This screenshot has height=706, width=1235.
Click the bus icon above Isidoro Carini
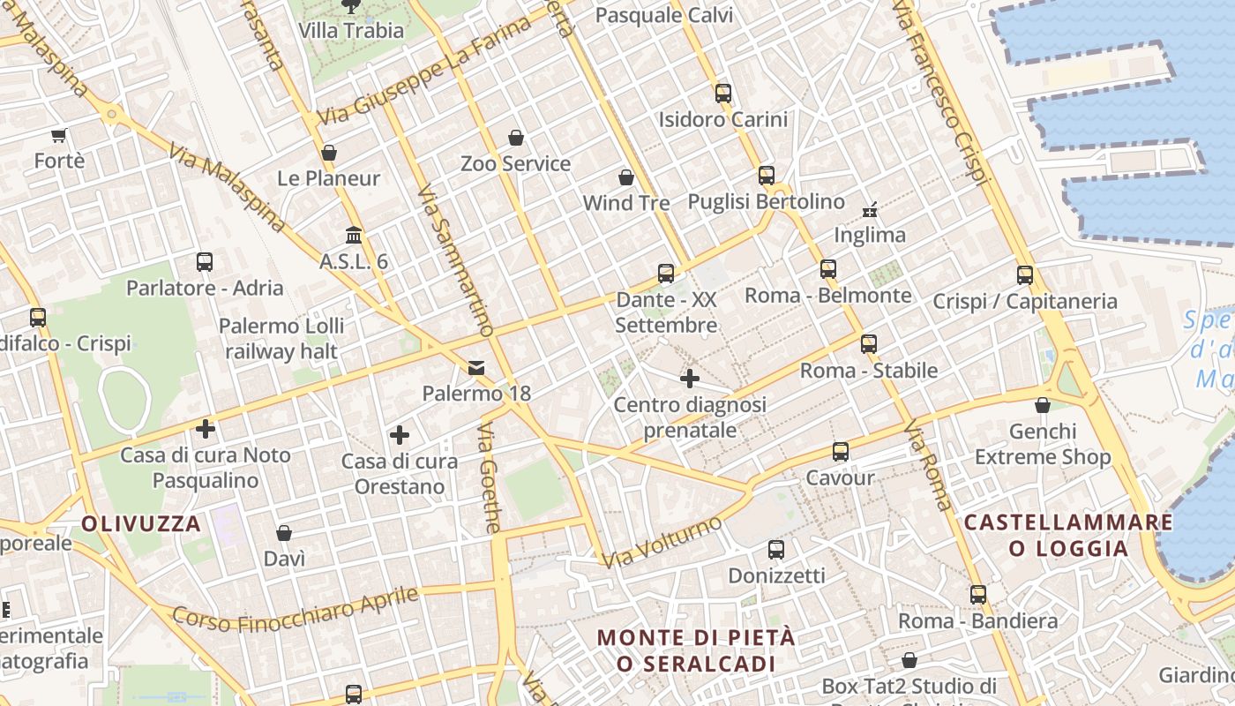(723, 93)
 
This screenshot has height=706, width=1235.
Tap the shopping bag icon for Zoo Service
(516, 138)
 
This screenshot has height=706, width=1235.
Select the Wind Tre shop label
(626, 203)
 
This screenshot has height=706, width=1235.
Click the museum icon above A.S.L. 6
(354, 236)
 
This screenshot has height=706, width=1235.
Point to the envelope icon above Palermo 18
(476, 367)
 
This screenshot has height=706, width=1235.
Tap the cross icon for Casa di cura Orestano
(400, 434)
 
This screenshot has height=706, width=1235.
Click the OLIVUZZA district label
(141, 523)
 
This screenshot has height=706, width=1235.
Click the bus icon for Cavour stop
(840, 452)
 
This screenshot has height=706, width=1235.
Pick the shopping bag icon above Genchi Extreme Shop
(1043, 405)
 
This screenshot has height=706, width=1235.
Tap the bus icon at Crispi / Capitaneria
(1024, 274)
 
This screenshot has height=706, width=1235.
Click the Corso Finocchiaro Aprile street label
(295, 610)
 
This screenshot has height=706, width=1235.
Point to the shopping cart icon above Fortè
(59, 135)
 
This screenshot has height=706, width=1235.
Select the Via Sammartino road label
(454, 260)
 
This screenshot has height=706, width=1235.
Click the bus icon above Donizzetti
(776, 549)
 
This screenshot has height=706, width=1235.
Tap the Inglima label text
(870, 235)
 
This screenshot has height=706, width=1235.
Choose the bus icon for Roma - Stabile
(869, 344)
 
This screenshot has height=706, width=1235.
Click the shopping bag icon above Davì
(284, 533)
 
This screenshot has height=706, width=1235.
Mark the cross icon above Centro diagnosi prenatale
(690, 379)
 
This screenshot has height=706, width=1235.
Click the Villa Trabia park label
(351, 30)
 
